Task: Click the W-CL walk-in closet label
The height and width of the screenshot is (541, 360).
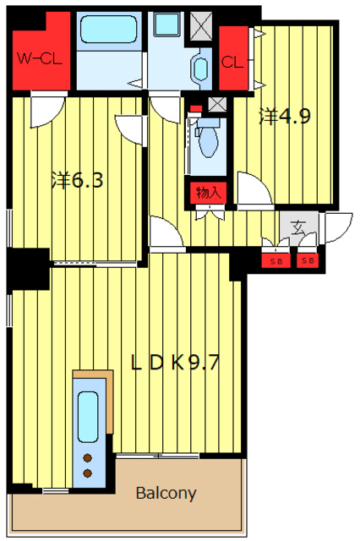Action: pyautogui.click(x=40, y=59)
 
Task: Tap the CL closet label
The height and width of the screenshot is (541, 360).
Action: pyautogui.click(x=232, y=63)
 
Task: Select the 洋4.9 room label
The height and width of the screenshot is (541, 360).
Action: pyautogui.click(x=285, y=117)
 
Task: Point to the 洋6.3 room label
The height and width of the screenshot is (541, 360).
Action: pyautogui.click(x=77, y=180)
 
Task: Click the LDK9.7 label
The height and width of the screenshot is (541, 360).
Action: pyautogui.click(x=175, y=363)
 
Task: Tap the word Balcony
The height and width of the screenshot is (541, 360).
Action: pyautogui.click(x=166, y=494)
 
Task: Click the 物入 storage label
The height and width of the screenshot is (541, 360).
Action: pyautogui.click(x=209, y=193)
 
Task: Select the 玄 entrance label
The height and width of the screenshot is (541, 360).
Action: pyautogui.click(x=297, y=227)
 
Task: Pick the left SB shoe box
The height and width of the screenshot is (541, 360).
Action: pyautogui.click(x=275, y=261)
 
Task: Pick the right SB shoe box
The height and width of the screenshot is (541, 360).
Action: pyautogui.click(x=308, y=261)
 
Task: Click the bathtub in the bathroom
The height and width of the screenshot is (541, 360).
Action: pyautogui.click(x=109, y=30)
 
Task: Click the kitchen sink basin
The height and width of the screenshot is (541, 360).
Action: pyautogui.click(x=88, y=417)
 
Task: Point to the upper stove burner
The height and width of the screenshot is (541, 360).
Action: pyautogui.click(x=88, y=458)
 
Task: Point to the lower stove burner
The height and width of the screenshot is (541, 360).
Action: pyautogui.click(x=88, y=473)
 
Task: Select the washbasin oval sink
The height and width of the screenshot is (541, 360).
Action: pyautogui.click(x=200, y=69)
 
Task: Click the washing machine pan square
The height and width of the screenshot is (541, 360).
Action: pyautogui.click(x=166, y=25)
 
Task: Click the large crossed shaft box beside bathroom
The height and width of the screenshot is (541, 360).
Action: pyautogui.click(x=201, y=26)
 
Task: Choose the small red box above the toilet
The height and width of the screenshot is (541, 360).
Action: pyautogui.click(x=195, y=108)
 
